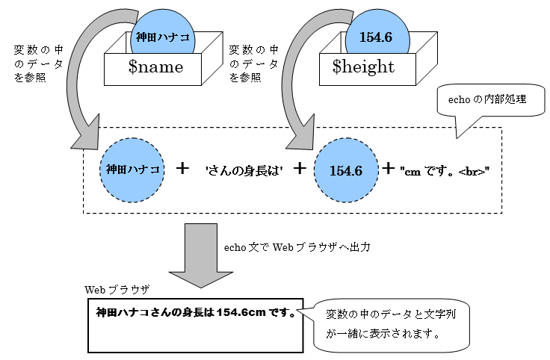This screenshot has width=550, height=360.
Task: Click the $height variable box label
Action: (363, 67)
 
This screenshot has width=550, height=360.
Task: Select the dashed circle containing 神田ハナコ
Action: (134, 170)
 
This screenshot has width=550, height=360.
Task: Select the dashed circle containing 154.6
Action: (344, 170)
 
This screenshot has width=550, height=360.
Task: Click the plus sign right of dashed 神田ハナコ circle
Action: (182, 168)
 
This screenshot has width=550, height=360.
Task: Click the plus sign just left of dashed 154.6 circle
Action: (300, 168)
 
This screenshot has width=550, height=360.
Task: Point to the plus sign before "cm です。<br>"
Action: (389, 168)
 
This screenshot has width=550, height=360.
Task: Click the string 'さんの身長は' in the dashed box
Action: (243, 170)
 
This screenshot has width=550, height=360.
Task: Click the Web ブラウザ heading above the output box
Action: (117, 289)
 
